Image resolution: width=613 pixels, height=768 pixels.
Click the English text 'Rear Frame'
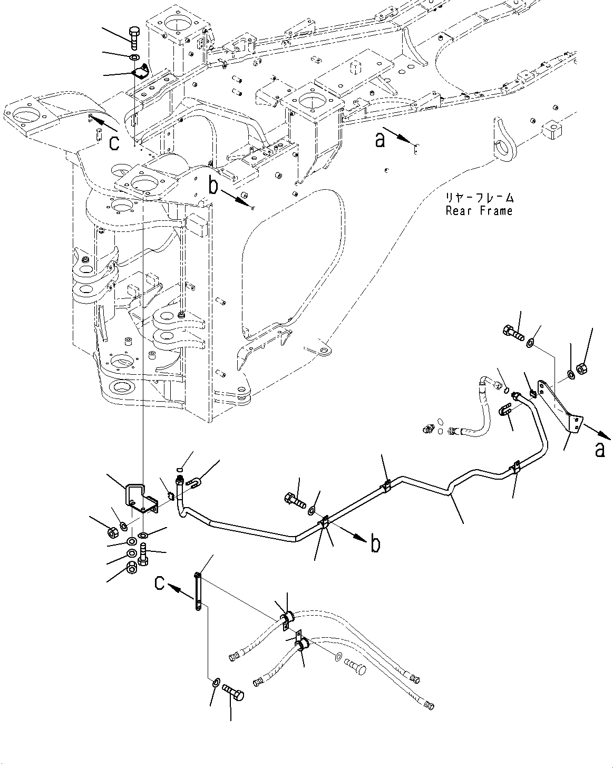click(479, 211)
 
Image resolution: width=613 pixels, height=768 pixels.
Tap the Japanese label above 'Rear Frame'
click(479, 198)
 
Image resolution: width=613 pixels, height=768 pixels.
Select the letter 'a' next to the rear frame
click(380, 140)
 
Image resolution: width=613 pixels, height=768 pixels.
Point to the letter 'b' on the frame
click(213, 186)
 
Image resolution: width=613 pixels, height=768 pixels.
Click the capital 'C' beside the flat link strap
click(161, 583)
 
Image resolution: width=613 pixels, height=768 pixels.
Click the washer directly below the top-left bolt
click(134, 57)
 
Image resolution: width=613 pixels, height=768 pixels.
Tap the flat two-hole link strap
click(198, 591)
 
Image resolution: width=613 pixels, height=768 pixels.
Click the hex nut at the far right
click(583, 368)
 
